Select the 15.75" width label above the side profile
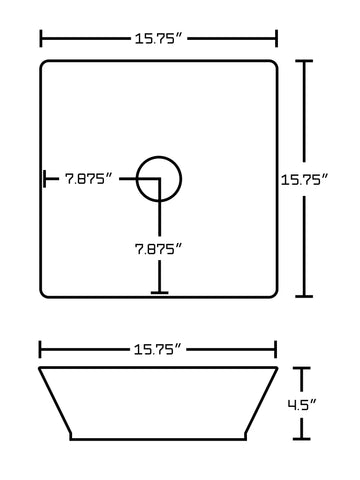click(158, 349)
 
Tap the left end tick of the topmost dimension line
click(41, 38)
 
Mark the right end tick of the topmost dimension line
click(276, 38)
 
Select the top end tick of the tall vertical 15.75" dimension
click(306, 61)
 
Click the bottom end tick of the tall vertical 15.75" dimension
click(306, 296)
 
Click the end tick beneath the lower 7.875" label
click(158, 293)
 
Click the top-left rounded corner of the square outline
click(45, 65)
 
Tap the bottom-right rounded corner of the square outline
click(272, 292)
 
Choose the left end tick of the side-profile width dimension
click(41, 349)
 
